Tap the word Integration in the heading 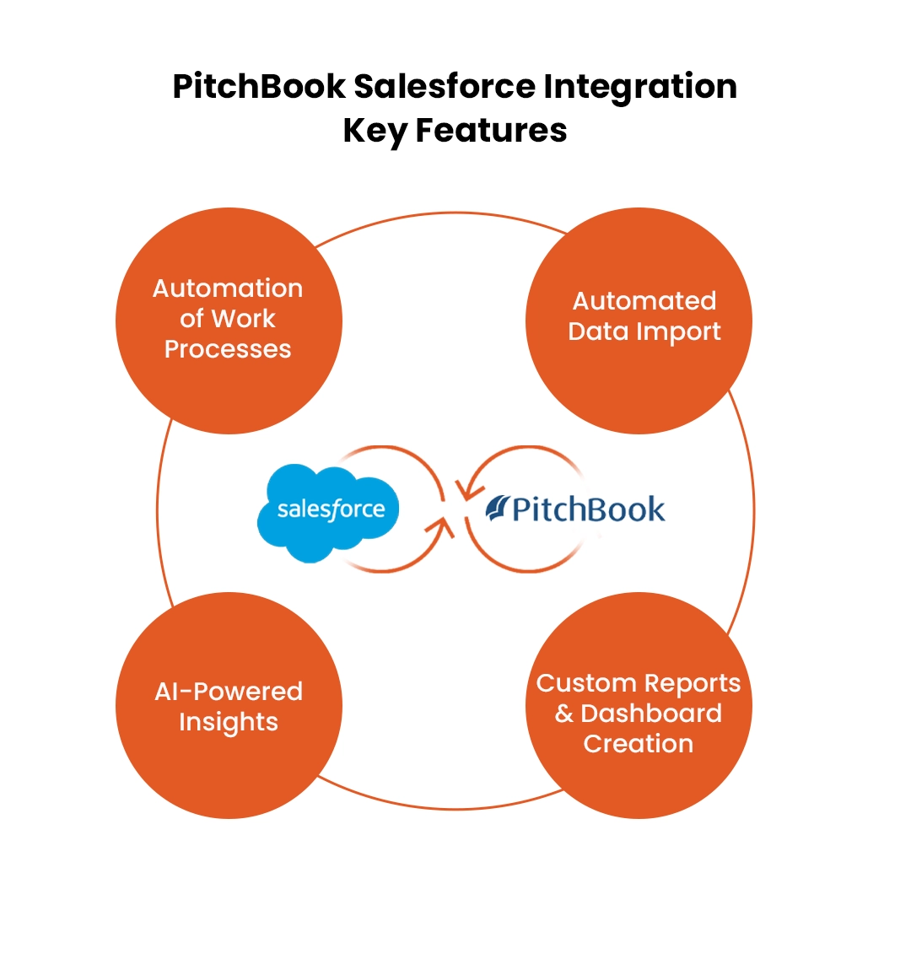click(x=645, y=88)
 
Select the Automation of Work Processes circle click(x=229, y=321)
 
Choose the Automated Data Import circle click(x=639, y=321)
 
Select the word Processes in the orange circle click(x=228, y=349)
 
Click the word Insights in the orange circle click(x=229, y=722)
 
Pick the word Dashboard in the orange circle click(x=651, y=714)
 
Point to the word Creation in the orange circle click(x=639, y=744)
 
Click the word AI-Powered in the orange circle click(x=229, y=692)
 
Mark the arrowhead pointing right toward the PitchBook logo click(x=439, y=528)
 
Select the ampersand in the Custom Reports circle click(x=563, y=714)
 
